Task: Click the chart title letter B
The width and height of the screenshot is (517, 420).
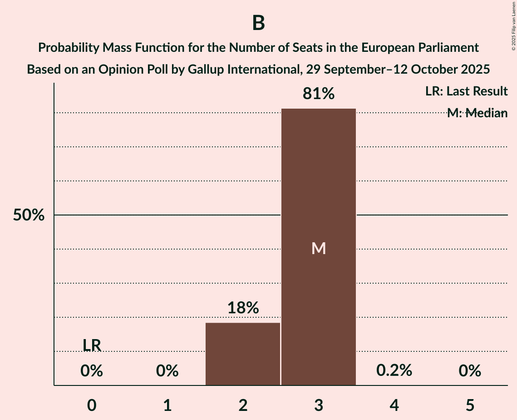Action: point(258,23)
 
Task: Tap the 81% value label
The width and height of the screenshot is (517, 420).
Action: point(319,94)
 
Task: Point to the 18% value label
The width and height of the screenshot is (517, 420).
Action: point(243,308)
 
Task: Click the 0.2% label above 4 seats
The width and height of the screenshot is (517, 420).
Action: point(394,370)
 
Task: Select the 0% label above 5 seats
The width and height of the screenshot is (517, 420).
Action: point(469,371)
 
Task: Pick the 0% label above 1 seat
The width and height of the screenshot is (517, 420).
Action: point(167,371)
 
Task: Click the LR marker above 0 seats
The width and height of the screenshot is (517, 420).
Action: point(92,345)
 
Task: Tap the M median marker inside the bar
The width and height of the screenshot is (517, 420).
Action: point(319,248)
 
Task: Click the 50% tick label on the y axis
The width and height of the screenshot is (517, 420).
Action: point(29,215)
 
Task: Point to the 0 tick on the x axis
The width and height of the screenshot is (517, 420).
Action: point(92,405)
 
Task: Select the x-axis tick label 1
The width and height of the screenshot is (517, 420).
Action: point(167,405)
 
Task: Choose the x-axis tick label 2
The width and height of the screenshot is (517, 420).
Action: point(243,405)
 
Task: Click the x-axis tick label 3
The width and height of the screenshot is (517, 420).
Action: point(319,405)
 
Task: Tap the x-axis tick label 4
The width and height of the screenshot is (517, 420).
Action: point(394,405)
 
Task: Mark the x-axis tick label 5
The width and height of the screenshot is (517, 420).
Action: point(469,405)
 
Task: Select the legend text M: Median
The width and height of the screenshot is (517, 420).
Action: point(477,113)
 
